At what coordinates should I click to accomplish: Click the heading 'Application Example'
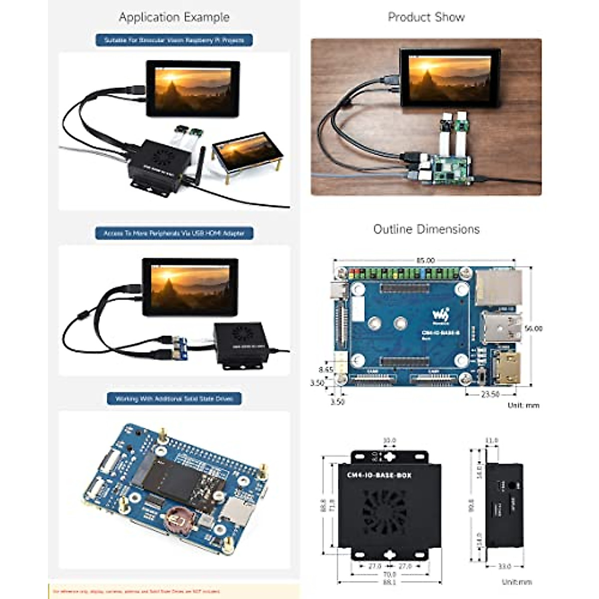tap(174, 17)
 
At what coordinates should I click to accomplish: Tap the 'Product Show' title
tap(426, 17)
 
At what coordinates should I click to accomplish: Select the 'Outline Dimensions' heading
tap(426, 229)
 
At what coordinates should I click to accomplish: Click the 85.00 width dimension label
tap(425, 260)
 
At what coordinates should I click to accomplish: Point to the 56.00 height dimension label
tap(533, 328)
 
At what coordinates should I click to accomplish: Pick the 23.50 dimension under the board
tap(490, 394)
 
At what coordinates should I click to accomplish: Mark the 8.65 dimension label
tap(325, 370)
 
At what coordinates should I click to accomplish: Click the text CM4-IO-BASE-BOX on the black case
tap(379, 475)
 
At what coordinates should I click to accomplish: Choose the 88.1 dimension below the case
tap(389, 582)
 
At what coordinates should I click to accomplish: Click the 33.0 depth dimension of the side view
tap(504, 566)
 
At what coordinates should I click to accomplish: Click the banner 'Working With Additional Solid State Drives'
tap(174, 399)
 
